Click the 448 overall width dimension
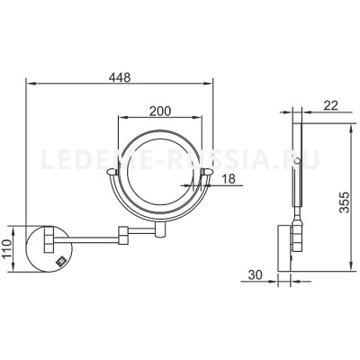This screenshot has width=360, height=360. click(119, 77)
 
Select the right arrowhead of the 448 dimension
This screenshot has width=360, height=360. click(212, 88)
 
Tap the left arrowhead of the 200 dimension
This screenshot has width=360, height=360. click(121, 119)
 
